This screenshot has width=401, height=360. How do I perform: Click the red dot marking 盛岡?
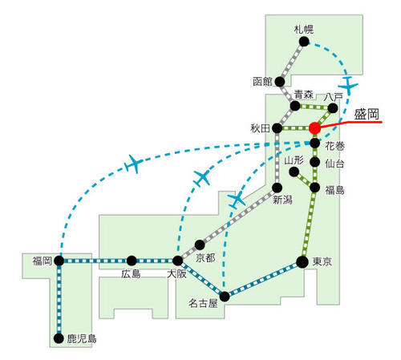[x=314, y=128]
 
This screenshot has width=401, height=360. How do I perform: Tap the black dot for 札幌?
[x=304, y=42]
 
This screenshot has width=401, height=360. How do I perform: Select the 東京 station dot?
[x=302, y=262]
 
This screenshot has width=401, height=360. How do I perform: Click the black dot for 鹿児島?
[x=59, y=338]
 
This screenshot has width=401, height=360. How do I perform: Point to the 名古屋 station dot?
[x=225, y=297]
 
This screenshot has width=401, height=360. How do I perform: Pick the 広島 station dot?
[x=132, y=261]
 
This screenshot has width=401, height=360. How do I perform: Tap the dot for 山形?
[x=294, y=172]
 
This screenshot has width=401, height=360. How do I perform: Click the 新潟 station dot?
[x=277, y=188]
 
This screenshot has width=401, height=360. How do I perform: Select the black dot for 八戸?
[x=333, y=108]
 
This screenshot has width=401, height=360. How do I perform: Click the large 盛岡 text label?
[x=367, y=115]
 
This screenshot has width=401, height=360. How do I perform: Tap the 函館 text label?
[x=262, y=82]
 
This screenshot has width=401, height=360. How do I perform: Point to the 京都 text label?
[x=205, y=258]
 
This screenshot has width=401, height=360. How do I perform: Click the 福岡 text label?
[x=42, y=261]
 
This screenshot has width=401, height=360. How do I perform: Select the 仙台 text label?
[x=334, y=164]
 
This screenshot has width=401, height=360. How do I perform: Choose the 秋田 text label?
[x=260, y=128]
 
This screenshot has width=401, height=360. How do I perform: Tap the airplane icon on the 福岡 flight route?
[x=134, y=164]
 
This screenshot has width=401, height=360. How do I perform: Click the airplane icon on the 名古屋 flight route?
[x=237, y=199]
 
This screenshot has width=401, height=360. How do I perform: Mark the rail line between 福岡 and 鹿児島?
[x=59, y=300]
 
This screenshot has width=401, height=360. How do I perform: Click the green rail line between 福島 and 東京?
[x=309, y=224]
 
